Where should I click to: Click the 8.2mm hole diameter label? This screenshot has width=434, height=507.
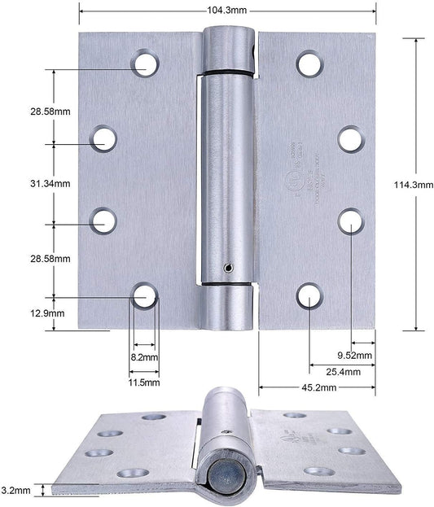145,356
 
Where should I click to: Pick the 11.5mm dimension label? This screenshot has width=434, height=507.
145,381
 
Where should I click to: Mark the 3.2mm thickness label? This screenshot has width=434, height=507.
16,490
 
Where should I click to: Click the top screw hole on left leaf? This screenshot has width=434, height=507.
146,63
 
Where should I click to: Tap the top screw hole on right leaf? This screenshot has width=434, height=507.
309,63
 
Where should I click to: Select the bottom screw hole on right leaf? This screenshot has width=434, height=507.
309,295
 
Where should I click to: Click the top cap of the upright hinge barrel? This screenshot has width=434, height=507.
228,49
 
